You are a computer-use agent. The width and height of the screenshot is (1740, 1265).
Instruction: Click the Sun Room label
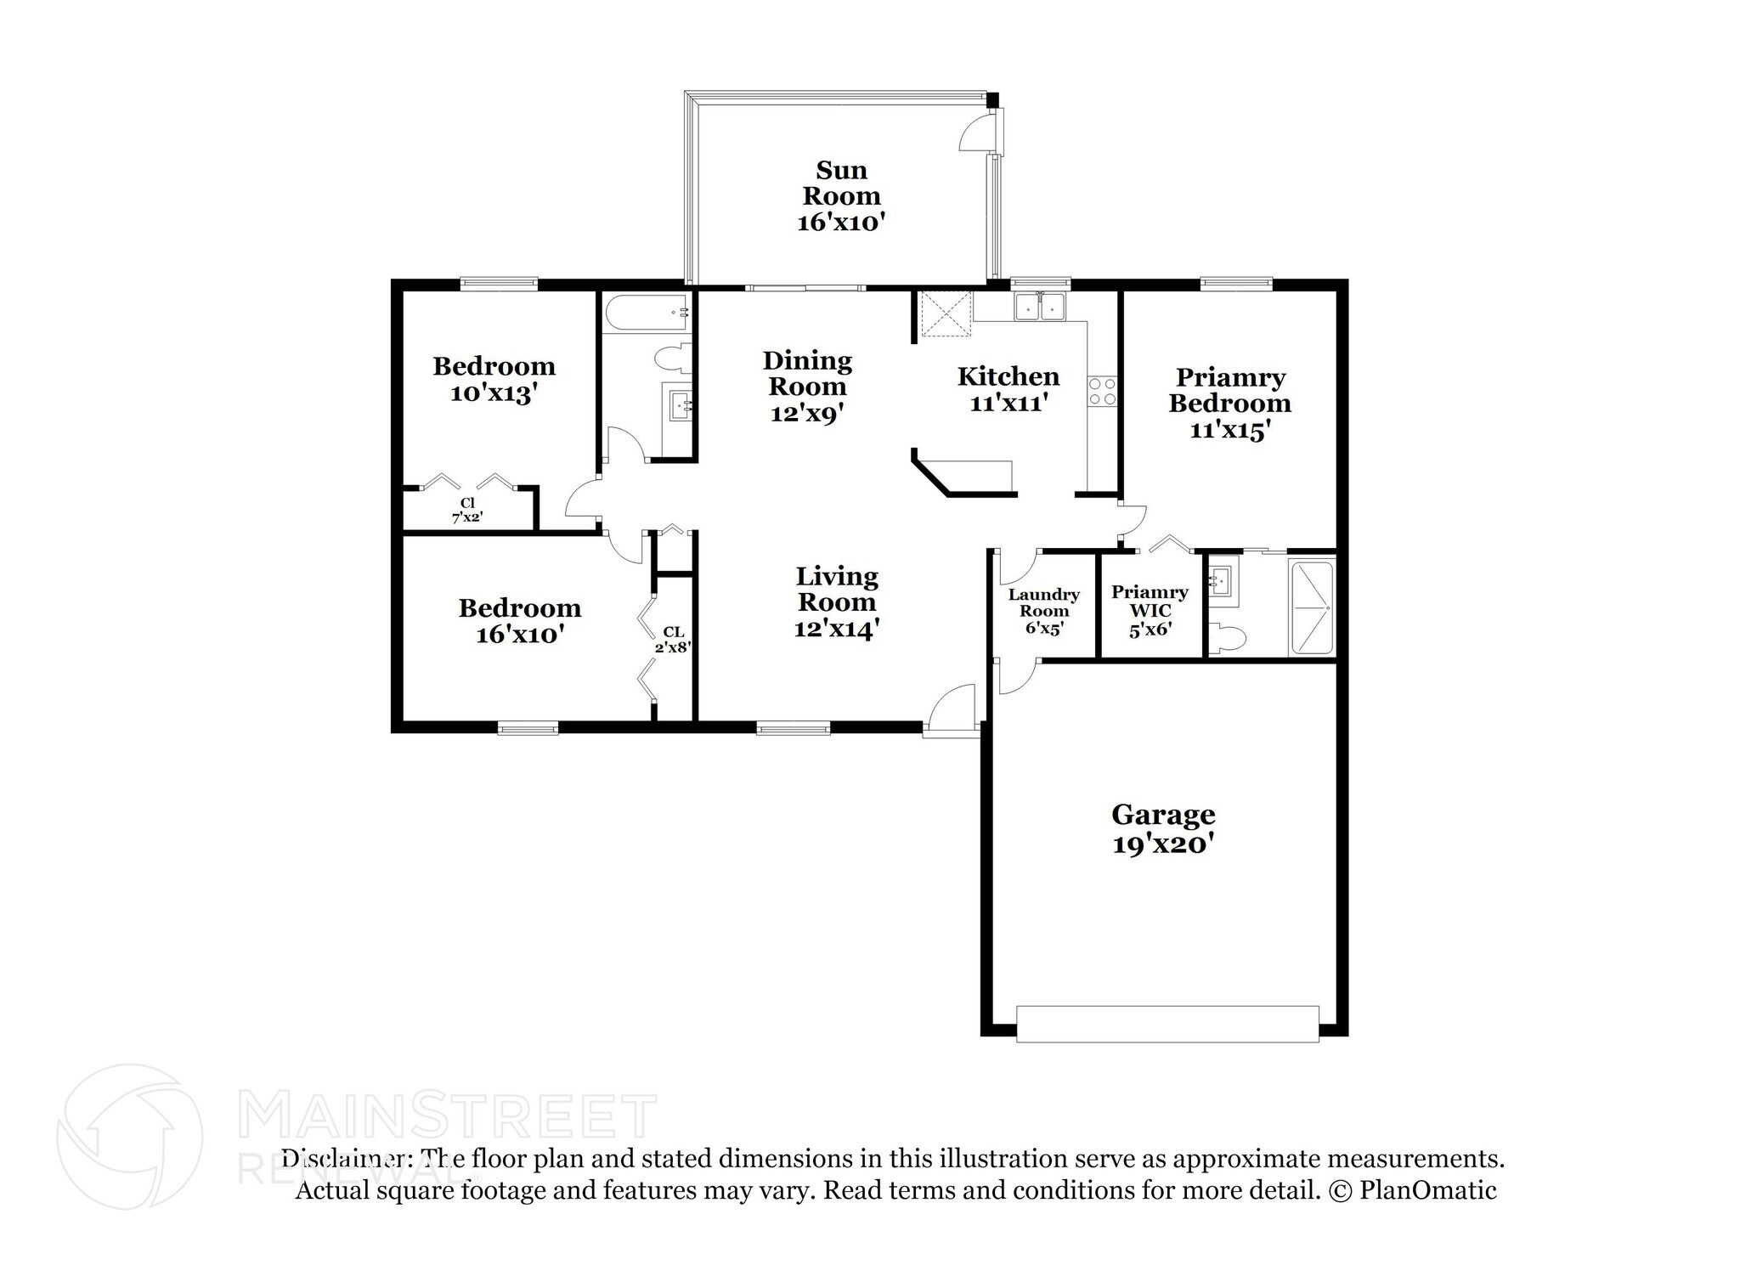[841, 184]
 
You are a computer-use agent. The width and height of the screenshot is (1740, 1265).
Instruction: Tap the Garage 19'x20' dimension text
[1162, 844]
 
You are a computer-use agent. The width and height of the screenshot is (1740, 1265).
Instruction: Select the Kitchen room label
[1008, 376]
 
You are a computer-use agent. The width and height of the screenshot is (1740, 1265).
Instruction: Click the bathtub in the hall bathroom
[646, 313]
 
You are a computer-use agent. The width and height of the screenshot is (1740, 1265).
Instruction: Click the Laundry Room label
[1043, 602]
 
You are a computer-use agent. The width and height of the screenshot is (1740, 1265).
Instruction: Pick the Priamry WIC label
[1150, 601]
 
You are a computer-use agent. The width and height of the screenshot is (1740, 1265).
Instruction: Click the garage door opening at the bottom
[1167, 1024]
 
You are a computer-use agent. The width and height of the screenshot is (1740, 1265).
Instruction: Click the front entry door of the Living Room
[952, 709]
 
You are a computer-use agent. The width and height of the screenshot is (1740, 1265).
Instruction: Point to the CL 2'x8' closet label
[673, 639]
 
